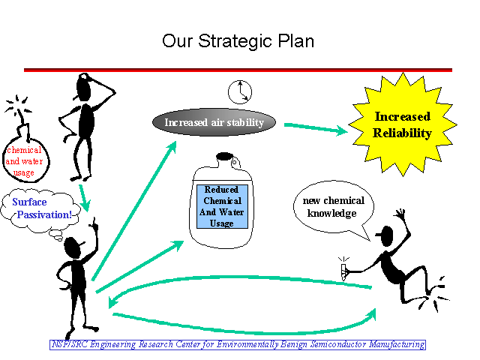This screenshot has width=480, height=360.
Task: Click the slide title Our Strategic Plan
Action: [x=238, y=41]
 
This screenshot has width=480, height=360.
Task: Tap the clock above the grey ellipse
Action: [x=240, y=91]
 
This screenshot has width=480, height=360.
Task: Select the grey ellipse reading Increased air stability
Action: [x=214, y=122]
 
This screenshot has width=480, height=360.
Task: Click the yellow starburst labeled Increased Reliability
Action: [x=403, y=124]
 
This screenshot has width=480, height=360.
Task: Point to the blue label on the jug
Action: [x=222, y=206]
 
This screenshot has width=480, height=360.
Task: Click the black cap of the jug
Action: [x=225, y=157]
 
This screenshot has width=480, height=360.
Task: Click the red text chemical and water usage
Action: [x=24, y=161]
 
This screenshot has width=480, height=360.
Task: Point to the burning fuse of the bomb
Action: [x=18, y=106]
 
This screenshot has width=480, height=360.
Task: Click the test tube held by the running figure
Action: [x=343, y=271]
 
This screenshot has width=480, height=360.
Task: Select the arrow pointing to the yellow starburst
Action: [x=316, y=128]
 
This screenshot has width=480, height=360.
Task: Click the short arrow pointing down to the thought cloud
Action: [x=84, y=198]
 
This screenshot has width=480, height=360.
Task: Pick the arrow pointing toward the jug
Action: [x=140, y=267]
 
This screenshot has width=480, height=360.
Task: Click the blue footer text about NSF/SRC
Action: [x=238, y=345]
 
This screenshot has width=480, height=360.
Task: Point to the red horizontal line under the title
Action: [x=238, y=70]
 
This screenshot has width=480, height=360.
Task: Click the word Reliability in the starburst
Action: [x=402, y=133]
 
